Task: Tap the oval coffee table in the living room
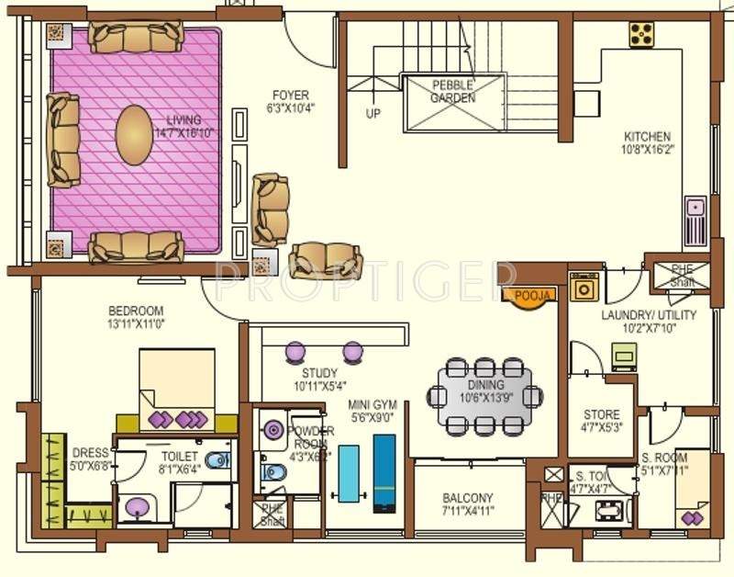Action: [x=135, y=135]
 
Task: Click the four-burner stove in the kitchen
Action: [x=640, y=34]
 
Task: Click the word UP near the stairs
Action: [x=373, y=114]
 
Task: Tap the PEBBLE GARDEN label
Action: [x=453, y=92]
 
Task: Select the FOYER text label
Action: [x=290, y=96]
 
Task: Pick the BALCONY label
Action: [x=467, y=498]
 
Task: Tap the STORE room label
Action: [x=601, y=414]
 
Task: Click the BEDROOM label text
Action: [x=136, y=310]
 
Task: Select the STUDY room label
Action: [x=319, y=373]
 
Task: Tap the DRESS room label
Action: [x=90, y=453]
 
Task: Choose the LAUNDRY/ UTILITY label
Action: [x=649, y=315]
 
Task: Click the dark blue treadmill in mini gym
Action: [x=384, y=471]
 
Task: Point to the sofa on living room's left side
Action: [x=63, y=139]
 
